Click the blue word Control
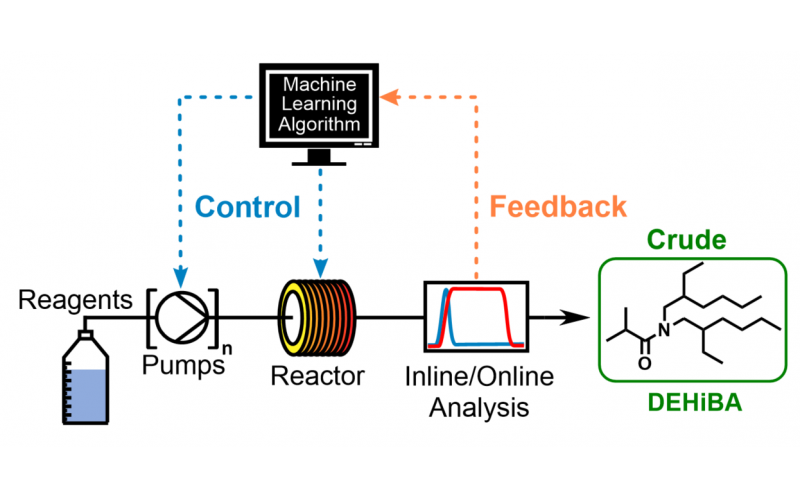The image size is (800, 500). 247,207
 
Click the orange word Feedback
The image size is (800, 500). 560,207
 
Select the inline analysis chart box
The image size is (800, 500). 476,318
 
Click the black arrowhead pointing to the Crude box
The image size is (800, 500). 577,318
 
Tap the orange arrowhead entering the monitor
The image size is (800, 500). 392,97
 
